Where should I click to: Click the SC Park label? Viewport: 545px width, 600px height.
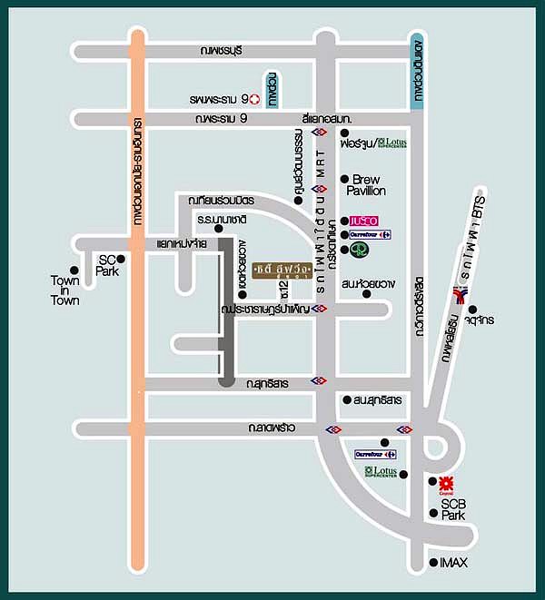tap(107, 265)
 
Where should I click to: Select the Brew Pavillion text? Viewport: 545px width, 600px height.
tap(368, 185)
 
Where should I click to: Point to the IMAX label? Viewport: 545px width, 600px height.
tap(454, 563)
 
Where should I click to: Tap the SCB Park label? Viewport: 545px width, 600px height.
tap(453, 509)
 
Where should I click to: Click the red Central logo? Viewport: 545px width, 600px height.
tap(446, 483)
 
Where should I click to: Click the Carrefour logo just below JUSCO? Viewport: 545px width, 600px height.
tap(371, 235)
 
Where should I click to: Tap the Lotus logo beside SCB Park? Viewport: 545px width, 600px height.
tap(381, 472)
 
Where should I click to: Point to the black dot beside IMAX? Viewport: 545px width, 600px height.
tap(433, 563)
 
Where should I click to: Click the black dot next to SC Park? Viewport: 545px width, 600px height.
tap(120, 259)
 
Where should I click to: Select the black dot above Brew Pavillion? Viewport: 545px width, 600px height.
tap(344, 179)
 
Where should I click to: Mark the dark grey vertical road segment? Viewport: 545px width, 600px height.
tap(226, 318)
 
